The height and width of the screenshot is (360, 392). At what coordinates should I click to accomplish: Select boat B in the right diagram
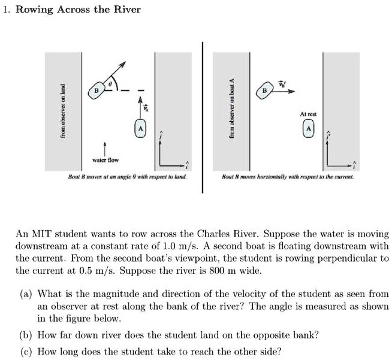(264, 90)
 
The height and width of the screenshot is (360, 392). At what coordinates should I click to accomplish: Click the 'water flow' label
(105, 160)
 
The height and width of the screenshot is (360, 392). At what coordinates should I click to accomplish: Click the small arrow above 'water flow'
(105, 148)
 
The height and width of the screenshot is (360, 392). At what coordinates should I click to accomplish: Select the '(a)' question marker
(26, 294)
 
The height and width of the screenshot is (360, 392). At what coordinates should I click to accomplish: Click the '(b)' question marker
(26, 335)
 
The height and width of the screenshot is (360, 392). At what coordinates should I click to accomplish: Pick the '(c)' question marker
(26, 351)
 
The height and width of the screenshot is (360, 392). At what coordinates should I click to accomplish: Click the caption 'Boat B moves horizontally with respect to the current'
(288, 178)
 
